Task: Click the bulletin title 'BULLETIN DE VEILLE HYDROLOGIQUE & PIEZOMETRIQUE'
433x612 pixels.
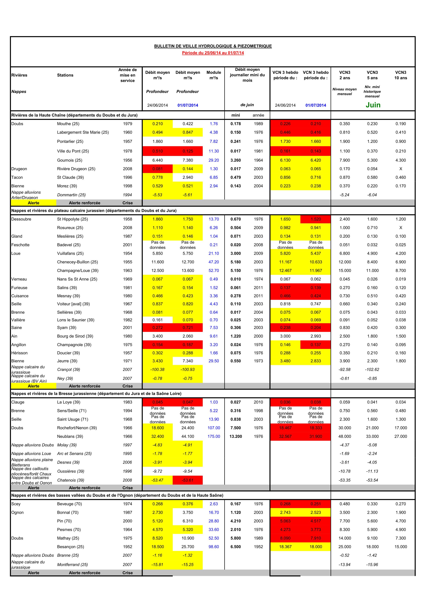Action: pos(213,46)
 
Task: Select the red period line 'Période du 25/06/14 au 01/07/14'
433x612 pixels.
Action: pos(213,53)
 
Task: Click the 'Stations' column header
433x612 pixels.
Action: pos(65,75)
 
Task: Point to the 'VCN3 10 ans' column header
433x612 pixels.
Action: pos(400,75)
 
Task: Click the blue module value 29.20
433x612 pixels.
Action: pos(214,160)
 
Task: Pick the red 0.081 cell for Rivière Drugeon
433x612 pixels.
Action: pos(157,169)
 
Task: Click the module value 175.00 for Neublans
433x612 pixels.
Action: pos(214,436)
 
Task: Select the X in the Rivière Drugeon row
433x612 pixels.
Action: pos(400,169)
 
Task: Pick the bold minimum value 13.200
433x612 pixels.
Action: pos(236,436)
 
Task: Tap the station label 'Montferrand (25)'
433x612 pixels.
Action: pos(72,565)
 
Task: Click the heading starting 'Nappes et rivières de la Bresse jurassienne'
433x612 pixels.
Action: pos(96,394)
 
